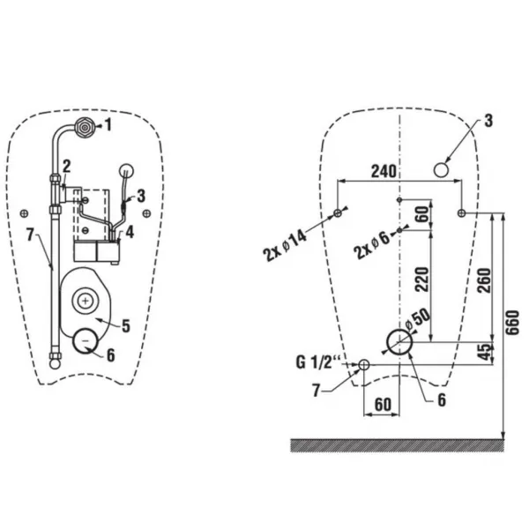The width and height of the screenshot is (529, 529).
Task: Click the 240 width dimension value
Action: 384,171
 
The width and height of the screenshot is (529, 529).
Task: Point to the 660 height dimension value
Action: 513,323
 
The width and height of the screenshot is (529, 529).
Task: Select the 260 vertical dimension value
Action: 485,280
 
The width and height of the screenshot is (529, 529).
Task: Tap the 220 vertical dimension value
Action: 422,279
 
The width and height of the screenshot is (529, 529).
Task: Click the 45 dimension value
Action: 485,352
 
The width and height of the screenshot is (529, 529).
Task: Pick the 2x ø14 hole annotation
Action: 285,246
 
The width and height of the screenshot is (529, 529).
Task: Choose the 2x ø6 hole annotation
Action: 372,246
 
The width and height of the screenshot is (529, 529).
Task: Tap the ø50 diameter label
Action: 418,320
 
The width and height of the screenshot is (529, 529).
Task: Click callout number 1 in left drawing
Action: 108,125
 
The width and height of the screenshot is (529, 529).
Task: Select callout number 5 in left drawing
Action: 126,326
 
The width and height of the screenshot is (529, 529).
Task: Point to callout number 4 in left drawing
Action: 130,232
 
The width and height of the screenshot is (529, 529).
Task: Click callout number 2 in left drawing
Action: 66,167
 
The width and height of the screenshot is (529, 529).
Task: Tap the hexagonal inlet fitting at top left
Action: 84,127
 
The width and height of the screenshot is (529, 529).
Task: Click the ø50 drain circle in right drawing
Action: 399,342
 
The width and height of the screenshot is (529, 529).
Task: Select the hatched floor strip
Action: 398,445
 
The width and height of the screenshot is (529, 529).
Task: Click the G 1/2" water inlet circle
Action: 364,364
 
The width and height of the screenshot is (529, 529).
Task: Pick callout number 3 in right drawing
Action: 488,121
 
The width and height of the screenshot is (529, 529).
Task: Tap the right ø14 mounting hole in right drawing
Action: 461,213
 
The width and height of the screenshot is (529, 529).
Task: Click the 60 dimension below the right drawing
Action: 383,405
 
